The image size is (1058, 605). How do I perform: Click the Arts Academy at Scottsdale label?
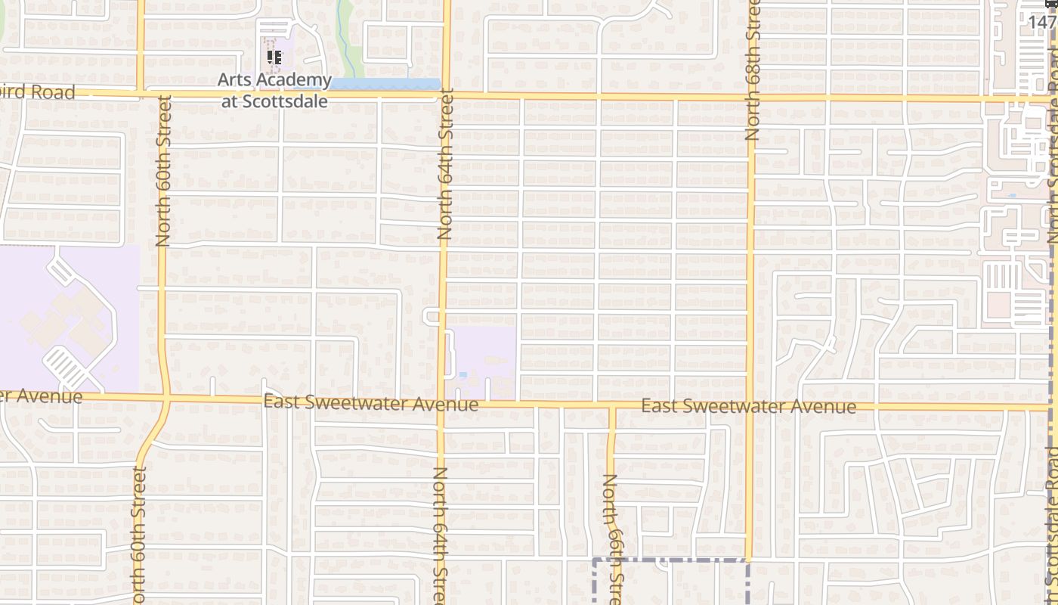pyautogui.click(x=274, y=90)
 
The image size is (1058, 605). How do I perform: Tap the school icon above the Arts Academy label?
pyautogui.click(x=274, y=57)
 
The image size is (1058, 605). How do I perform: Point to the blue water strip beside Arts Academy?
pyautogui.click(x=385, y=84)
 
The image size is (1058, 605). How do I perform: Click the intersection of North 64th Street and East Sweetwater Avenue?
pyautogui.click(x=443, y=402)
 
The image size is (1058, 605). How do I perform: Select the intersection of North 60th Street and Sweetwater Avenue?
pyautogui.click(x=165, y=397)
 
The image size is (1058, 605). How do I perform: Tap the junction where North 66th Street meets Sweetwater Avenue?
pyautogui.click(x=612, y=407)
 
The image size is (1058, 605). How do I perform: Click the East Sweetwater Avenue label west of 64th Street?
pyautogui.click(x=371, y=403)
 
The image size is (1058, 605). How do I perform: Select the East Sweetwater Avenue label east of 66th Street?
pyautogui.click(x=748, y=407)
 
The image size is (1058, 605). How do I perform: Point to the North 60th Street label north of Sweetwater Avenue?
pyautogui.click(x=163, y=170)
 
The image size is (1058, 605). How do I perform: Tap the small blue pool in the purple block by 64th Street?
pyautogui.click(x=462, y=374)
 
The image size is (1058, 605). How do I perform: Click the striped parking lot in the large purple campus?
pyautogui.click(x=65, y=368)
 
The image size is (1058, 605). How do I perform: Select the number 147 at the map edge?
pyautogui.click(x=1041, y=21)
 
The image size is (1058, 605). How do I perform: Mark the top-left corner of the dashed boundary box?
pyautogui.click(x=593, y=560)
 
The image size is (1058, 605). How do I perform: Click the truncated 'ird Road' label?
pyautogui.click(x=38, y=92)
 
